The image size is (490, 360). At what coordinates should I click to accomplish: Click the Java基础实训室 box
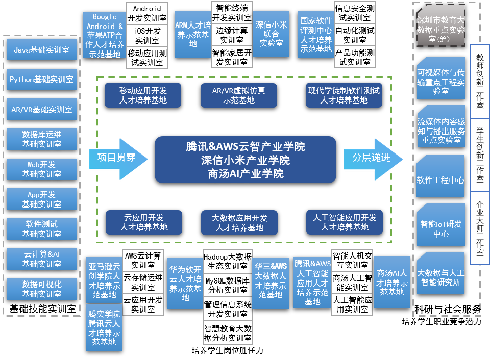pos(41,50)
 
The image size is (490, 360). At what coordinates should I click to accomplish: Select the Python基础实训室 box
pos(41,80)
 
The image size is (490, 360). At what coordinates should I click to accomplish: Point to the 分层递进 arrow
pos(373,158)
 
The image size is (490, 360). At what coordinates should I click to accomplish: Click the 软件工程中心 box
pos(440,180)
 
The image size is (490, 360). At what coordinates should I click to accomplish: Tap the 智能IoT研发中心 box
pos(440,228)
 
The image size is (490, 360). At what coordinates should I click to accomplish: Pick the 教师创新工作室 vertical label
pos(479,82)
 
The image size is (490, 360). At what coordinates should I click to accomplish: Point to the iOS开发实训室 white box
pos(146,36)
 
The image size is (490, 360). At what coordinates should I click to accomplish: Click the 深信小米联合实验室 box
pos(271,34)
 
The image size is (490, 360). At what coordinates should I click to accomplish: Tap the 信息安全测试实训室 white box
pos(354,13)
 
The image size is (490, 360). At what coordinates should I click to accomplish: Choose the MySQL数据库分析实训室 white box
pos(228,285)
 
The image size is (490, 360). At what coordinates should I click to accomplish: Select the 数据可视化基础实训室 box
pos(41,289)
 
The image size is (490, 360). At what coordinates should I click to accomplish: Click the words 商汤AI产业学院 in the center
pos(246,174)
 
